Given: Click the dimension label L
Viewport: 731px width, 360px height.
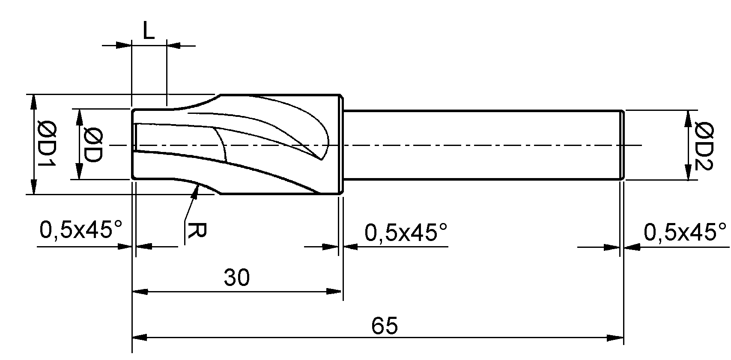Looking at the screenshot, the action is (149, 31).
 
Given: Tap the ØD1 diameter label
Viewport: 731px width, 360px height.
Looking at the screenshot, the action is (47, 143).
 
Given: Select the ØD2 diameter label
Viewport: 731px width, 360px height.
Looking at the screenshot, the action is (704, 146).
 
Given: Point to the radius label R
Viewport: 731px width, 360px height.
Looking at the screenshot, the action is (197, 231).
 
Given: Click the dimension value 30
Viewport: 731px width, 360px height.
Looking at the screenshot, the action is (236, 277).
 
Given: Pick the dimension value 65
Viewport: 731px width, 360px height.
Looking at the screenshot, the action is (385, 326).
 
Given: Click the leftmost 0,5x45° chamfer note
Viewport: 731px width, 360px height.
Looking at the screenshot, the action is (81, 229).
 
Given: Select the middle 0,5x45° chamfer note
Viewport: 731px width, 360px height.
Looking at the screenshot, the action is (406, 232).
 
